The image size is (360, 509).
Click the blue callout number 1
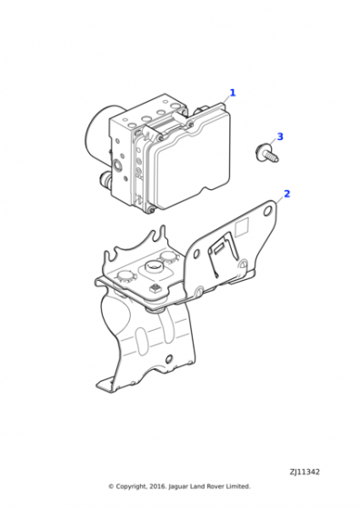(x=233, y=93)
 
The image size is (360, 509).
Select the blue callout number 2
(x=286, y=194)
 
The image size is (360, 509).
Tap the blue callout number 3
(x=280, y=136)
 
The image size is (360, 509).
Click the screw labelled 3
(x=266, y=154)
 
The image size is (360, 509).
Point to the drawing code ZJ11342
(x=305, y=472)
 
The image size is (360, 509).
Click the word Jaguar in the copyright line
(x=178, y=486)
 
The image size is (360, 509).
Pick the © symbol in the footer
(x=111, y=486)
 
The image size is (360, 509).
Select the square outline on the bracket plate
(x=242, y=226)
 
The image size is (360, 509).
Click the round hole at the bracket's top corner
(x=268, y=211)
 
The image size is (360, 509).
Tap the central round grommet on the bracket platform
(x=155, y=268)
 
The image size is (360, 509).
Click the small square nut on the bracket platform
(x=155, y=287)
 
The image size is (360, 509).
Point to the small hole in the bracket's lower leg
(x=168, y=359)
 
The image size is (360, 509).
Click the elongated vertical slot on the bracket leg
(x=142, y=341)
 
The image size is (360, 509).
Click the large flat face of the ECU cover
(x=192, y=169)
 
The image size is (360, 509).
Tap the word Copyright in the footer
(x=132, y=486)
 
